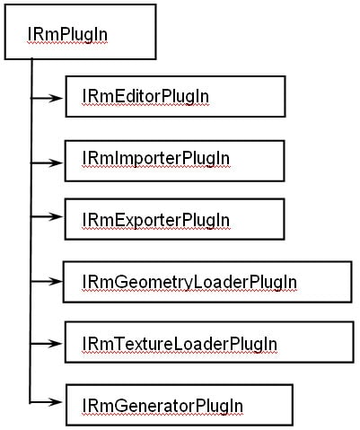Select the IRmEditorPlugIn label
pos(145,94)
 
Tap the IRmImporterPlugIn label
pos(155,158)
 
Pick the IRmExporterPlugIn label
pos(155,219)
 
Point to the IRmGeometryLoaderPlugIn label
pos(189,282)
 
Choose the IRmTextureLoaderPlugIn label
pos(179,344)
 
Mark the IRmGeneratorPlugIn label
pos(162,406)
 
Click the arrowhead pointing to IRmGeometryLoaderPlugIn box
pos(59,282)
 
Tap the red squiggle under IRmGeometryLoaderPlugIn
pos(189,291)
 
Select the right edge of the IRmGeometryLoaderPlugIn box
pos(351,282)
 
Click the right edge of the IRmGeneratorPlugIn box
pos(293,405)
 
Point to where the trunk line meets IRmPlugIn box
pos(31,60)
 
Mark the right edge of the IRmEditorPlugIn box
pos(285,96)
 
